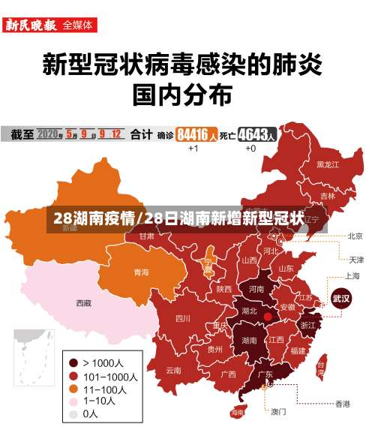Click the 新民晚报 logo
point(31,25)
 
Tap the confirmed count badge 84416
point(197,135)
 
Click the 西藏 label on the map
point(83,304)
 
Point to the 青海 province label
point(141,272)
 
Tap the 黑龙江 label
point(328,164)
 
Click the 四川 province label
point(182,318)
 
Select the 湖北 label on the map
point(249,311)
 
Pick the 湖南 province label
point(250,340)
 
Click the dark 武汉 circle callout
point(342,298)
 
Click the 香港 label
point(342,404)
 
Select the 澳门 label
point(278,411)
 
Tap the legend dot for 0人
point(73,413)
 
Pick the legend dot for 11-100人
point(73,388)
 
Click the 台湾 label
point(320,368)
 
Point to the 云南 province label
point(174,370)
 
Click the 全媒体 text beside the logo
point(79,25)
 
